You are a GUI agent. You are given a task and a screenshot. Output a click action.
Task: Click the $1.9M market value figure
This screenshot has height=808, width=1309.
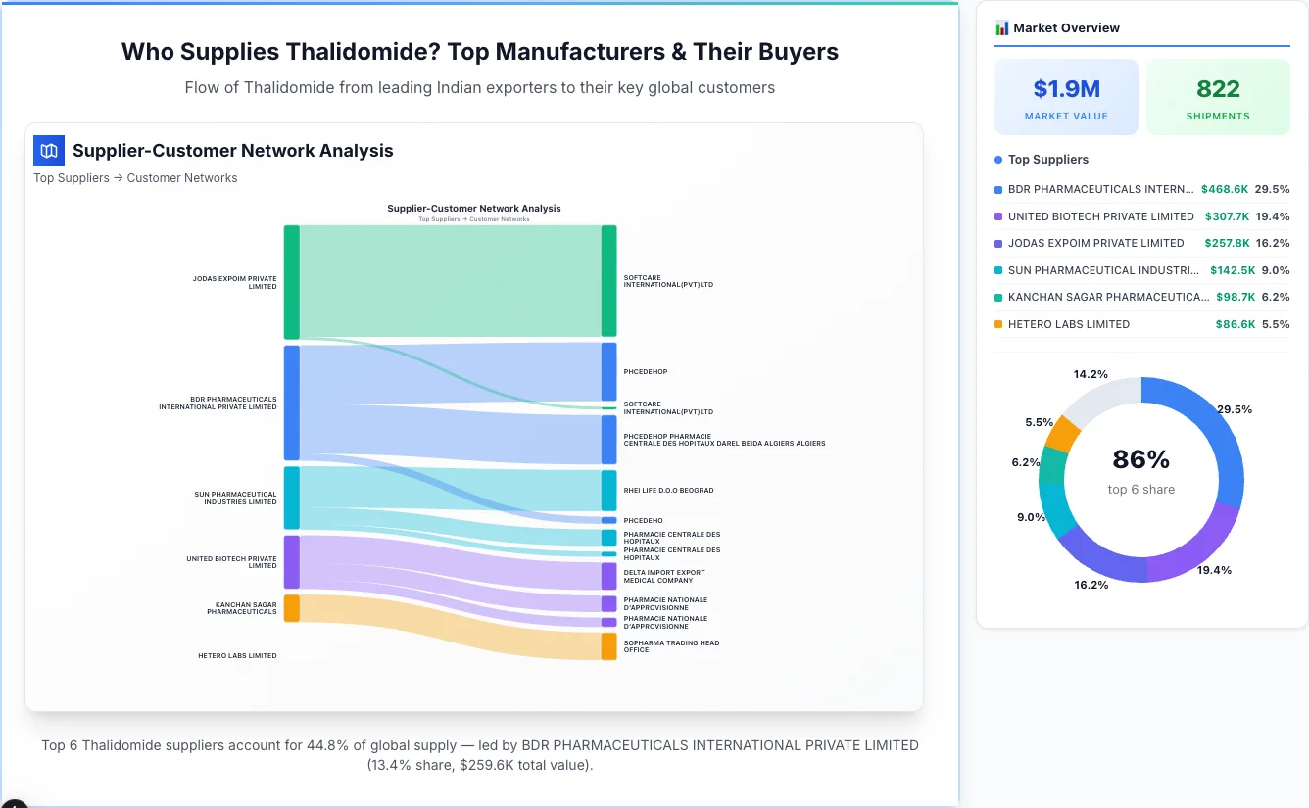tap(1066, 89)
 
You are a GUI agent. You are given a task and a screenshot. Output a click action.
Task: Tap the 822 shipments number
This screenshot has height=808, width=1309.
tap(1218, 89)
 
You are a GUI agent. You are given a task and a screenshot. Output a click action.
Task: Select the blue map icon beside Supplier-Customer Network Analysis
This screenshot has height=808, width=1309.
tap(49, 151)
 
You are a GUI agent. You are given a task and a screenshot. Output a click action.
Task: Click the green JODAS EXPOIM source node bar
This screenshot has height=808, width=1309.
tap(291, 282)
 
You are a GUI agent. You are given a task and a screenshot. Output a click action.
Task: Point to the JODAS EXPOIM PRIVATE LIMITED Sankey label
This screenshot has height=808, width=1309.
tap(234, 282)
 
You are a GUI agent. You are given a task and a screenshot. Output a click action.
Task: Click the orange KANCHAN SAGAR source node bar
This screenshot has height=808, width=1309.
tap(291, 608)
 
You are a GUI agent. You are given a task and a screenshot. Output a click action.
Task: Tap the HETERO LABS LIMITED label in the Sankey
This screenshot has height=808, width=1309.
tap(237, 656)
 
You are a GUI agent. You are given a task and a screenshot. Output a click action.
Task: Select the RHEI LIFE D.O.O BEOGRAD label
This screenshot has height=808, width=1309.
tap(668, 491)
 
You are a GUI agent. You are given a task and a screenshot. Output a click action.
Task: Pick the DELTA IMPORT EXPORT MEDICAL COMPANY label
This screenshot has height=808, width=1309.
tap(663, 577)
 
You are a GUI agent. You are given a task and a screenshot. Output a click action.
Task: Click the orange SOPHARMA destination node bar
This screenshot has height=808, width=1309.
tap(609, 646)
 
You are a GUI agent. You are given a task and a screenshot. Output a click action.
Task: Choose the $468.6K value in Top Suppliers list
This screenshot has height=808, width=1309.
tap(1224, 189)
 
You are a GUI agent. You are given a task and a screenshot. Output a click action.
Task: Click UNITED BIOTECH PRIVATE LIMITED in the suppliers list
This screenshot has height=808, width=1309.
tap(1100, 216)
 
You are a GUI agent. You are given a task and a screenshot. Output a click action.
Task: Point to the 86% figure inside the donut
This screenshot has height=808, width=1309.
tap(1140, 459)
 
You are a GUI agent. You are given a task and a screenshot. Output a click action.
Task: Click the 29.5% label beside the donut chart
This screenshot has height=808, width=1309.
tap(1234, 409)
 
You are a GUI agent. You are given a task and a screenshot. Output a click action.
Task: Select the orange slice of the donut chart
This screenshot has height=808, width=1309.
tap(1062, 433)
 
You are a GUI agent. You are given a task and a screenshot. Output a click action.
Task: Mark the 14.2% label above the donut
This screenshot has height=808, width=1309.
tap(1091, 374)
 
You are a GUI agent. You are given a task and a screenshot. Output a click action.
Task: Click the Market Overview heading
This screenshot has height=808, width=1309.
tap(1066, 28)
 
